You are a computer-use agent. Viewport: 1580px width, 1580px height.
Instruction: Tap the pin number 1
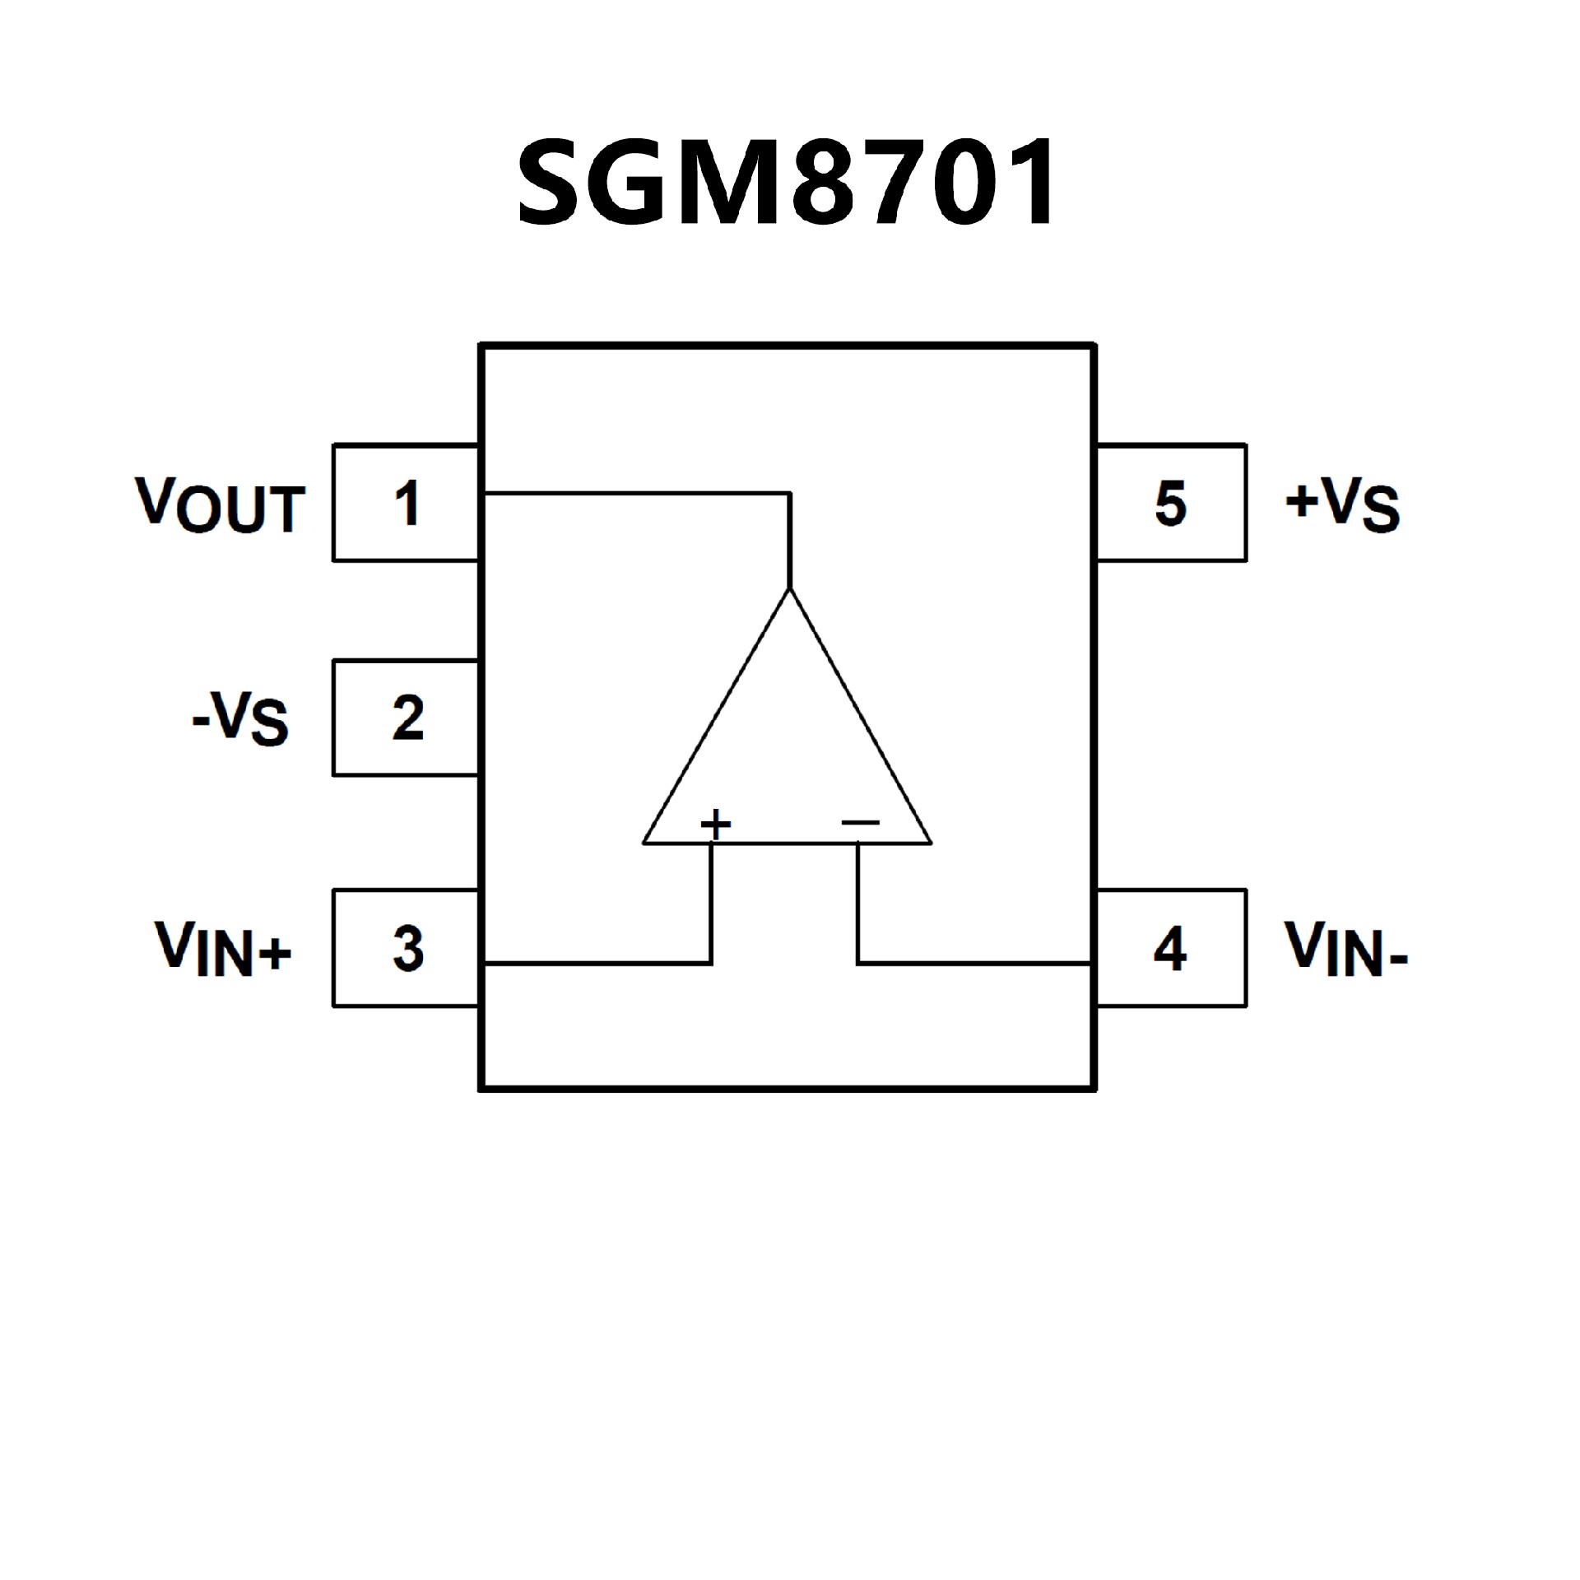[407, 504]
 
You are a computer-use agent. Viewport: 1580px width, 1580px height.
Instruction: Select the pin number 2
[408, 718]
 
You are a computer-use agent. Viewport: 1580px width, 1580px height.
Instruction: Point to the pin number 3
[408, 949]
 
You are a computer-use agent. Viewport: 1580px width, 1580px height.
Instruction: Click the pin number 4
[1170, 949]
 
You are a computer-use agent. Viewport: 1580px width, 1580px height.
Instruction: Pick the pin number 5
[1170, 504]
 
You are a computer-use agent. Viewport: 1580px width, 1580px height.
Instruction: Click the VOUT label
[221, 504]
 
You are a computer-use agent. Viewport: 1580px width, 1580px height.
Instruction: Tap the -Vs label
[240, 718]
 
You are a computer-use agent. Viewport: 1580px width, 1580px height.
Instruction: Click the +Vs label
[1342, 504]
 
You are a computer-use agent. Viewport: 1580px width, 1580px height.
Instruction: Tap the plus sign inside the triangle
[715, 823]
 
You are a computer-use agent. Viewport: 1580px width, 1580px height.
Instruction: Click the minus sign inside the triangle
[861, 822]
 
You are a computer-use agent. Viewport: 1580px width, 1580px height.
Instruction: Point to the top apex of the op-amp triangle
[790, 589]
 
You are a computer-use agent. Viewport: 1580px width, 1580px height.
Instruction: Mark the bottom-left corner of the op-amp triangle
[644, 843]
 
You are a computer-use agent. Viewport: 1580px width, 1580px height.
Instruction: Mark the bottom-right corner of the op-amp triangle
[932, 843]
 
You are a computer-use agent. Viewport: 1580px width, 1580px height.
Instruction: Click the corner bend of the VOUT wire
[790, 494]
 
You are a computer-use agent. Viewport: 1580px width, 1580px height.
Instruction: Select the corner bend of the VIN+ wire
[712, 963]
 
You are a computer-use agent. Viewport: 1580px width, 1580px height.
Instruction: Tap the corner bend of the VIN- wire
[857, 963]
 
